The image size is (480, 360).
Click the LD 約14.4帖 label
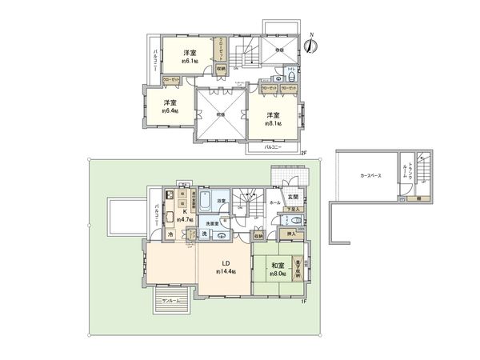click(x=226, y=268)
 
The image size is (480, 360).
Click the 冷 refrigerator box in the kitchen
click(x=170, y=234)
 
